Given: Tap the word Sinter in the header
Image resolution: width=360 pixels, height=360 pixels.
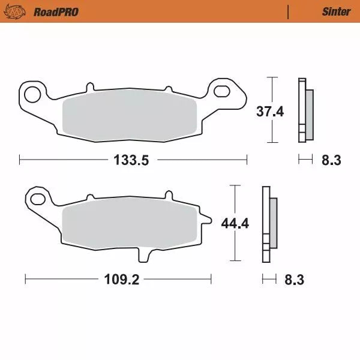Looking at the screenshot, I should (x=336, y=11).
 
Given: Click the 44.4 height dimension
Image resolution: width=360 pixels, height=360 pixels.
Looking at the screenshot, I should (x=235, y=224).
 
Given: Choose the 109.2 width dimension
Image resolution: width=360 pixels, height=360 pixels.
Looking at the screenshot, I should (x=118, y=280).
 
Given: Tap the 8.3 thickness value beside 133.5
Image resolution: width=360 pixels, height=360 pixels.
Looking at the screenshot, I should (x=331, y=160).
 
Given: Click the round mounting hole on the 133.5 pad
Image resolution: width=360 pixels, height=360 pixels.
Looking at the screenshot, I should (x=34, y=93).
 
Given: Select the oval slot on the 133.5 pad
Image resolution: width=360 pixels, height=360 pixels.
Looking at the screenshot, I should (x=222, y=91).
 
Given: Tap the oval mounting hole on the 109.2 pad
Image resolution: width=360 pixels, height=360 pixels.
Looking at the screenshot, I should (x=40, y=199).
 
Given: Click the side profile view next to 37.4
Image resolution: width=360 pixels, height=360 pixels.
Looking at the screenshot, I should (x=304, y=111).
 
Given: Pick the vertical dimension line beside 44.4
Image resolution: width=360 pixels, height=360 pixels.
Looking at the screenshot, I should (x=234, y=240).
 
